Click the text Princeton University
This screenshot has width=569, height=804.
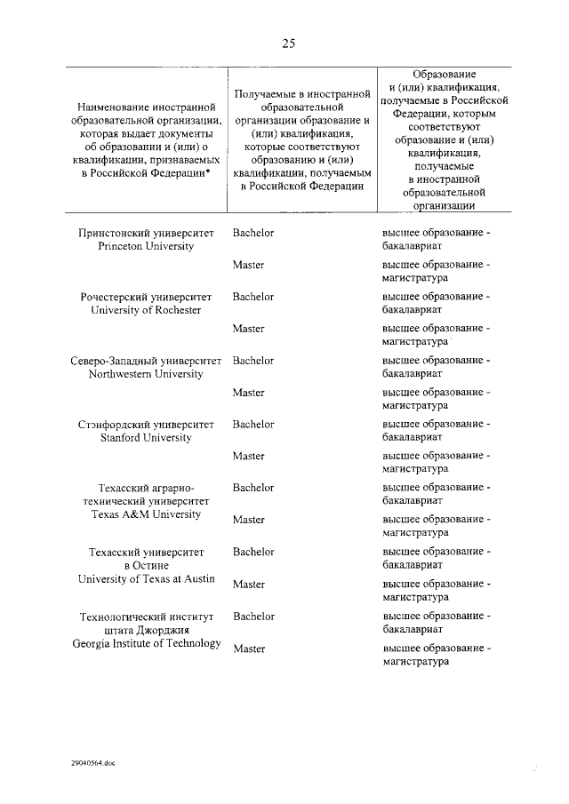click(x=146, y=246)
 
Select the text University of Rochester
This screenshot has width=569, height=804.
click(x=146, y=310)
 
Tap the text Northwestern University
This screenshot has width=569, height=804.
click(x=146, y=374)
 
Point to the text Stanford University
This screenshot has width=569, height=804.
click(x=146, y=438)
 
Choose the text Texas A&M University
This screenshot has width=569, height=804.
click(x=146, y=514)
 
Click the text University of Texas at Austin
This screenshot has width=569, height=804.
click(x=146, y=578)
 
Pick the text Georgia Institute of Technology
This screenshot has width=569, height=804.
click(x=147, y=643)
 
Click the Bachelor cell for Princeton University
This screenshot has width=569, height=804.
click(x=253, y=233)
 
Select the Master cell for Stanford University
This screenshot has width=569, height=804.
click(x=249, y=457)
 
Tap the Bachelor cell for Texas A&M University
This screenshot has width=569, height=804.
click(x=253, y=488)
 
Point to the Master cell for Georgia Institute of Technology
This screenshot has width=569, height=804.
click(x=249, y=649)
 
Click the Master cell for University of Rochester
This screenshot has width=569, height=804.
click(x=249, y=329)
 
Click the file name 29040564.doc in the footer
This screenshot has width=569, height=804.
click(x=94, y=762)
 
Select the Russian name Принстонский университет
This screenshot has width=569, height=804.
click(x=146, y=233)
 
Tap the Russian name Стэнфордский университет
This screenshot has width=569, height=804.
click(x=146, y=425)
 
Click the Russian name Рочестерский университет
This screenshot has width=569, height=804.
click(x=146, y=297)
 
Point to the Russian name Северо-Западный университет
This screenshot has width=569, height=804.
click(x=146, y=361)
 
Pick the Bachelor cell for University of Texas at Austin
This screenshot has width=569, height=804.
click(x=253, y=552)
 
